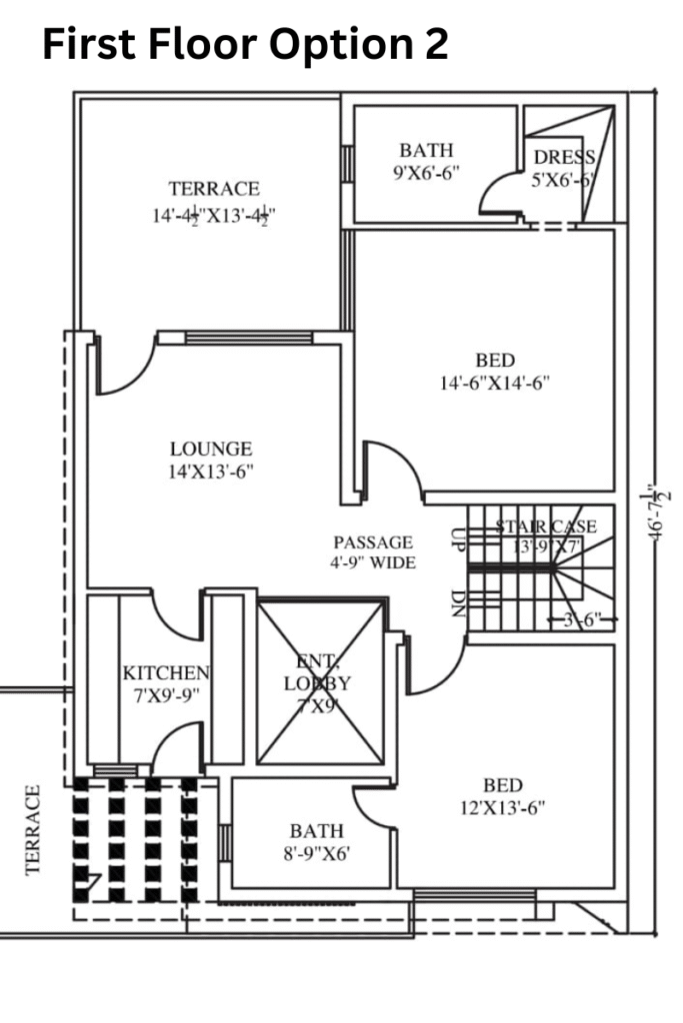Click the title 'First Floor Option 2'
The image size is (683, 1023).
coord(244,45)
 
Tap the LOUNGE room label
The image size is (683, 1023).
coord(210,450)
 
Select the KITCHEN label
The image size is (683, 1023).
coord(166,672)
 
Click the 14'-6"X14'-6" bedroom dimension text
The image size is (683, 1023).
coord(495,383)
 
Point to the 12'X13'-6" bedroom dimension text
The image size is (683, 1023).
coord(502,807)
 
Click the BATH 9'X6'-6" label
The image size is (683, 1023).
coord(426,151)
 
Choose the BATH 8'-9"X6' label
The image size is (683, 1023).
coord(316,831)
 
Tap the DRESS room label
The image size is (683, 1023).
coord(564,157)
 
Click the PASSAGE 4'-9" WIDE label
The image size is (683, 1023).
coord(373,542)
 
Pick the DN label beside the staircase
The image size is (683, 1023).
coord(457,603)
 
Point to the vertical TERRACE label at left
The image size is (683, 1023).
coord(34,829)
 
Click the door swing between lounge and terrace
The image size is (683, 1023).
coord(124,365)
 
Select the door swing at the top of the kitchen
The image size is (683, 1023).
coord(176,613)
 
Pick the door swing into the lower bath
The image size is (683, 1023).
coord(374,806)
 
